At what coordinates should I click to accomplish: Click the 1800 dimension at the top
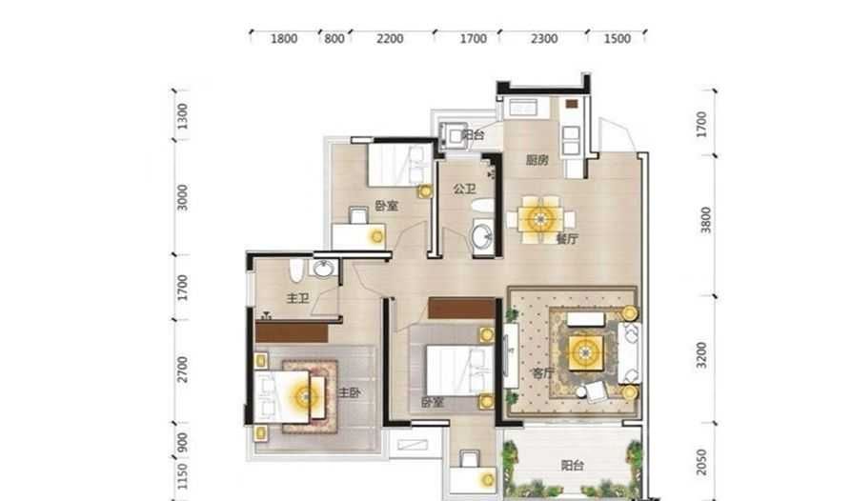coord(284,38)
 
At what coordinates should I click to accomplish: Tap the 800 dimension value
coord(334,38)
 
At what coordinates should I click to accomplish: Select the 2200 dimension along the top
coord(390,38)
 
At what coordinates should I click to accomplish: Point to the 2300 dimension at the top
coord(544,38)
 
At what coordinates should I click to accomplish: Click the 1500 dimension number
coord(618,38)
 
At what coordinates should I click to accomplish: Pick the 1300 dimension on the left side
coord(183,116)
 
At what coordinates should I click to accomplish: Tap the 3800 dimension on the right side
coord(705,220)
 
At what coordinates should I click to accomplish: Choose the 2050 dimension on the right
coord(701,463)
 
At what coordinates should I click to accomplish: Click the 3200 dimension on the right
coord(701,355)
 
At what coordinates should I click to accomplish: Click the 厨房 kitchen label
coord(537,160)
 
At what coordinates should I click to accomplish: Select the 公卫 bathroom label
coord(465,190)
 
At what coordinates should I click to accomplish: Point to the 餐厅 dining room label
coord(567,239)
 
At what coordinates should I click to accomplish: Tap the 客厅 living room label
coord(543,373)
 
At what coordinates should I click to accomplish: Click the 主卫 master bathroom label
coord(297,298)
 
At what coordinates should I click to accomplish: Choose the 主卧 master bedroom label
coord(349,392)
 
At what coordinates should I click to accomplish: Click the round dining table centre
coord(540,219)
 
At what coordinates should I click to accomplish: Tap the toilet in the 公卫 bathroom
coord(482,206)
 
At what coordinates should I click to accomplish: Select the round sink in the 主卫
coord(323,268)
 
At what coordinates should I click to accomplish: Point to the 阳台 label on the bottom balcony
coord(572,465)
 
